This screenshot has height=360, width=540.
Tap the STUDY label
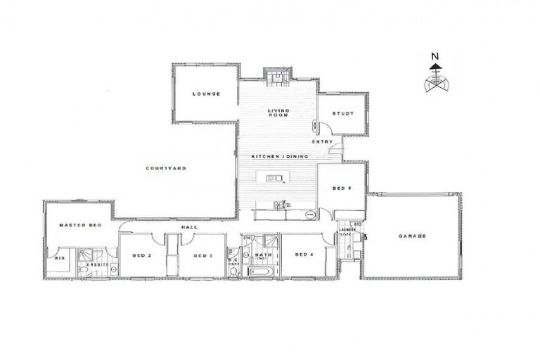click(x=342, y=113)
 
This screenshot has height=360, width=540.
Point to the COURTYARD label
click(x=166, y=168)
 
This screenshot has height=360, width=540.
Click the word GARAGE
click(x=412, y=236)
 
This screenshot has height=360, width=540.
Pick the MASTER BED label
click(x=80, y=225)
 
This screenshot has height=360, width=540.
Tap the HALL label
click(x=188, y=227)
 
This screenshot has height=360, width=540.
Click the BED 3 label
click(x=202, y=255)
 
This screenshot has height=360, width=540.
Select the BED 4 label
click(x=303, y=255)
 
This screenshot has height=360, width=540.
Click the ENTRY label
click(x=322, y=142)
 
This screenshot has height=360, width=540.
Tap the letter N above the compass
click(x=435, y=56)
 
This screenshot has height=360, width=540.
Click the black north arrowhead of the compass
click(x=435, y=67)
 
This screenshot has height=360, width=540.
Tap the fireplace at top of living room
click(x=278, y=75)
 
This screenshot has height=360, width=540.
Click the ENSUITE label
click(x=97, y=264)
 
